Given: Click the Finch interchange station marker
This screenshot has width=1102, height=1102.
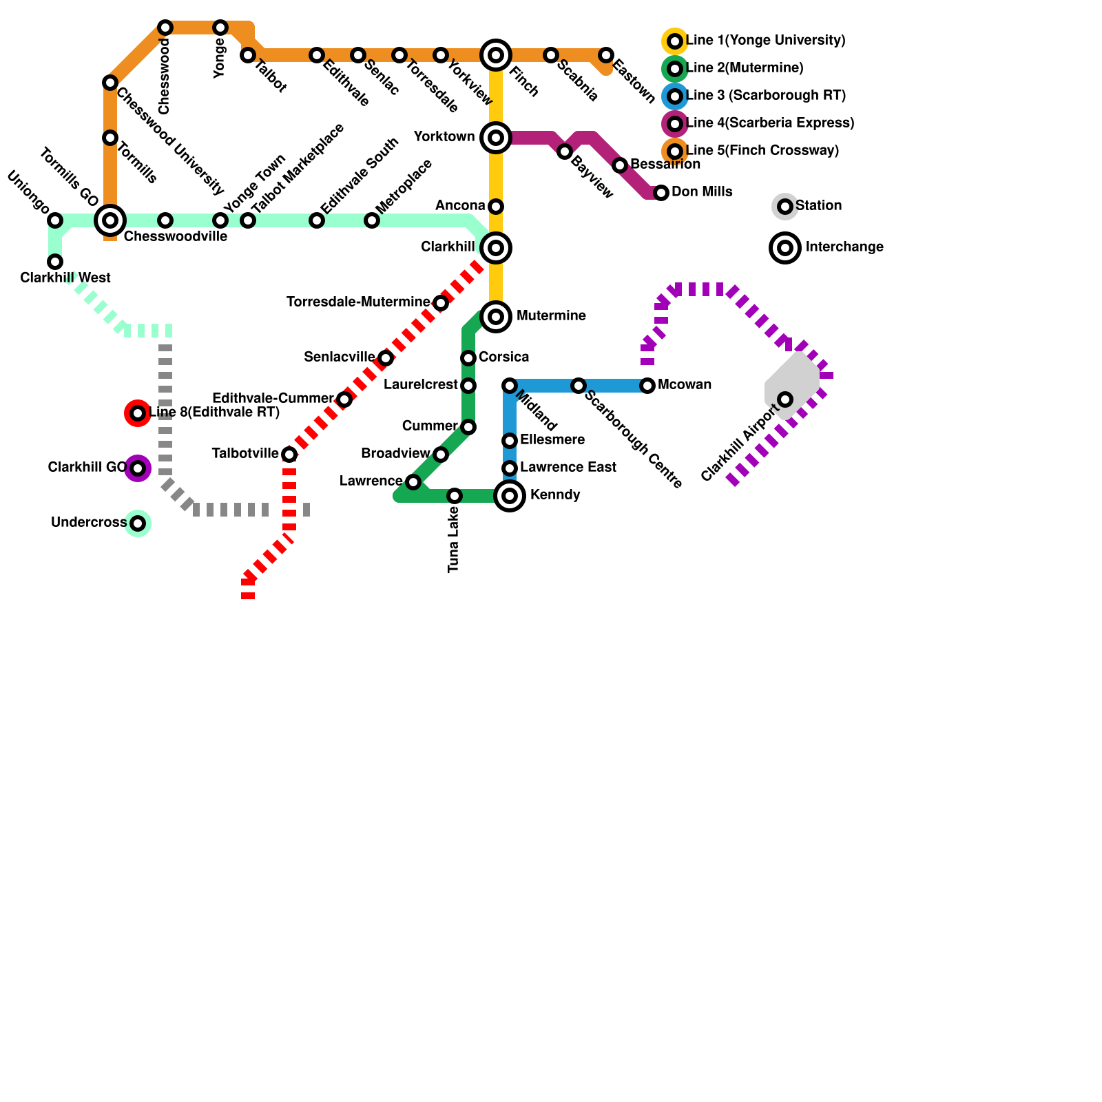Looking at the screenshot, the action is [496, 55].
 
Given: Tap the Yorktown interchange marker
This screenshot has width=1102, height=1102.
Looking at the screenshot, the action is [496, 138].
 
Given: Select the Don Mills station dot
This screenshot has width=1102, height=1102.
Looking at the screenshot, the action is [661, 193].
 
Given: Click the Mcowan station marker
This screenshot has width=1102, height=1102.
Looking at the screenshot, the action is [647, 386].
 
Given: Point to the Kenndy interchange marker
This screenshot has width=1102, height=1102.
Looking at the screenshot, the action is [510, 496].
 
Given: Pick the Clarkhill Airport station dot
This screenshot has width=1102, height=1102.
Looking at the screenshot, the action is [785, 399].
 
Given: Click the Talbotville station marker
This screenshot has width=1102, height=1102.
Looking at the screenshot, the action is [289, 455].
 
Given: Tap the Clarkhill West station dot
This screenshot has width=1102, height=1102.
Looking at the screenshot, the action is [55, 262].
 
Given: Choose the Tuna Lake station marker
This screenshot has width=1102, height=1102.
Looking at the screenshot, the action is [455, 496].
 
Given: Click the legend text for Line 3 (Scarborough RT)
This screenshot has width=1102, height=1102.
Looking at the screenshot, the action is [766, 96].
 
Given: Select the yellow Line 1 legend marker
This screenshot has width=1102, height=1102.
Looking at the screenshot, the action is [675, 41].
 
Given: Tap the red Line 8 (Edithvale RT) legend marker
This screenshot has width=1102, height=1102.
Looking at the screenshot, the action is [138, 413].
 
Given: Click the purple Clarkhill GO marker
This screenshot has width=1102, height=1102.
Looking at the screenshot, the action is [138, 468].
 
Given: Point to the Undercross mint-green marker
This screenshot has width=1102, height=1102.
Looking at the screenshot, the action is [138, 523].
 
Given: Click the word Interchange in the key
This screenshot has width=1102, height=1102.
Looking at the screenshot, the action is [844, 247].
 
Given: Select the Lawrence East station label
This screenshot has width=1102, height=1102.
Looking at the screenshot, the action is [568, 468].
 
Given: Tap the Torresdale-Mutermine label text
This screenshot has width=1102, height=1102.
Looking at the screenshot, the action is [358, 302].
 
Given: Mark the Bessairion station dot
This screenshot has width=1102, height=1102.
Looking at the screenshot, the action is [620, 165].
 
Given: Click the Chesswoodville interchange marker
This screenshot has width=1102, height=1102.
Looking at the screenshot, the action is [110, 220].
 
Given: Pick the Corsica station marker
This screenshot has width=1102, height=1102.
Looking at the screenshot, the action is [468, 358].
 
